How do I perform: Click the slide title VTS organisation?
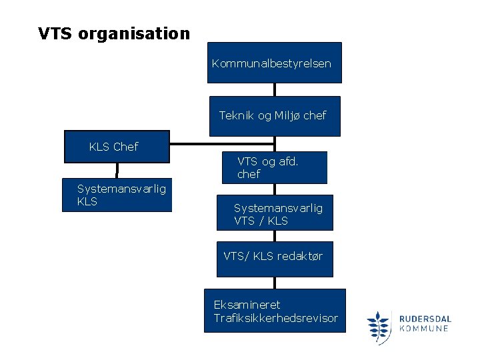click(114, 33)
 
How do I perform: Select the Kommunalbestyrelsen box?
click(274, 63)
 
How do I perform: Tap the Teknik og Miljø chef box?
click(274, 116)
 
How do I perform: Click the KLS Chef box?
click(117, 147)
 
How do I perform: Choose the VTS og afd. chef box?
click(275, 167)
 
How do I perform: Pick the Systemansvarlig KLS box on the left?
click(117, 195)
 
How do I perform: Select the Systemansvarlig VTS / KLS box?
click(275, 213)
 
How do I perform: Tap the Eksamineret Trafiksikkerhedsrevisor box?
click(275, 310)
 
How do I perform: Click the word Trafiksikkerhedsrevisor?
click(276, 318)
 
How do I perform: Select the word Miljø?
click(287, 116)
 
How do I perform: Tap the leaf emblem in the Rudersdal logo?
click(379, 327)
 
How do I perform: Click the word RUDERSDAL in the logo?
click(425, 319)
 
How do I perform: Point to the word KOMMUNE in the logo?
click(425, 329)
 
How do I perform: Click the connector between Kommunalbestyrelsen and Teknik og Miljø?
click(274, 89)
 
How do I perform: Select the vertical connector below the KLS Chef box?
click(117, 171)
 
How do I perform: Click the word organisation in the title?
click(134, 33)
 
